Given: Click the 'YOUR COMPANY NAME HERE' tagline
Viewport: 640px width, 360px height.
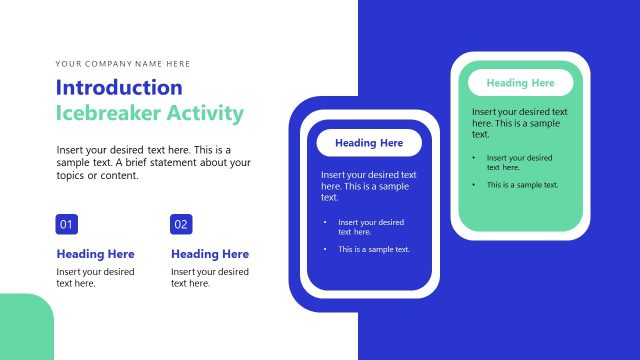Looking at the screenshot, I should point(123,63).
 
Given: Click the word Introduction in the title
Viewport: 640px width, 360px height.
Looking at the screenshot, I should point(119,87).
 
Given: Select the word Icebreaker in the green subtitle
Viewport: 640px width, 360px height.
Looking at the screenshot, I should point(108,113).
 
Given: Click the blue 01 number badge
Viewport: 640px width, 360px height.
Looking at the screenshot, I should point(67,224).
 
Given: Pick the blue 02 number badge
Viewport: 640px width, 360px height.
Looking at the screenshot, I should point(181,224).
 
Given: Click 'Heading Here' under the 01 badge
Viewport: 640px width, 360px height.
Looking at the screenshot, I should point(95,254).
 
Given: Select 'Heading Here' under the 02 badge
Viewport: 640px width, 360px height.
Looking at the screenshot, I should point(210,254).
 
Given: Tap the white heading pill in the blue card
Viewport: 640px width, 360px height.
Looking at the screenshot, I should point(369,143).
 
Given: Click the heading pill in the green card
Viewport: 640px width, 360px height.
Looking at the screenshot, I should point(520,83).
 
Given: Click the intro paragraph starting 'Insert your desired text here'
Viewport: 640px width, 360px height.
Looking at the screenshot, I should point(153,162).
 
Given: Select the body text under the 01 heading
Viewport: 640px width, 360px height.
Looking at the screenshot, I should point(95,277).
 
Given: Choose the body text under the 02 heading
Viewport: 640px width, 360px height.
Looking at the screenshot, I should point(210,277).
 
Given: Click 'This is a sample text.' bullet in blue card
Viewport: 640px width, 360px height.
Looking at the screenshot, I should point(373,249).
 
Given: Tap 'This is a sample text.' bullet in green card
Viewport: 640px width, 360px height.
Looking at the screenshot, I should point(522,185).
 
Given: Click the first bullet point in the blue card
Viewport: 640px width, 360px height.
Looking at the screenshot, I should point(370,227).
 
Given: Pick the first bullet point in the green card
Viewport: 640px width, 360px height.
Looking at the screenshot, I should point(520,162).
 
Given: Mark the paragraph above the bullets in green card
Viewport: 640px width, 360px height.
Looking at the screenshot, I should point(519,122).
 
